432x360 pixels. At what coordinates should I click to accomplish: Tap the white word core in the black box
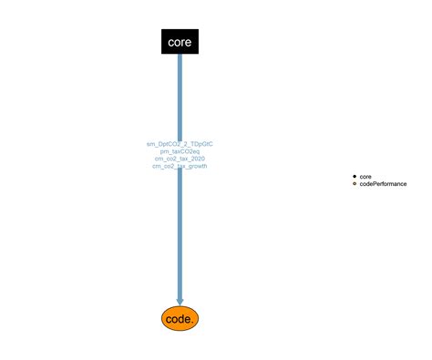pyautogui.click(x=180, y=42)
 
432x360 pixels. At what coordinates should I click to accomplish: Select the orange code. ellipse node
pyautogui.click(x=180, y=318)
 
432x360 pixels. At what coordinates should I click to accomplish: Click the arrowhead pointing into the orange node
pyautogui.click(x=180, y=300)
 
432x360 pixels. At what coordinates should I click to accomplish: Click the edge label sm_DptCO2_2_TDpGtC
pyautogui.click(x=180, y=144)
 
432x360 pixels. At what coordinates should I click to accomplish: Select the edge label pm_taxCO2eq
pyautogui.click(x=180, y=151)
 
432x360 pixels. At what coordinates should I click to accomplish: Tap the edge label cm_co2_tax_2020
pyautogui.click(x=180, y=159)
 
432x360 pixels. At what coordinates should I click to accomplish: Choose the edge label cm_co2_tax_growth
pyautogui.click(x=180, y=167)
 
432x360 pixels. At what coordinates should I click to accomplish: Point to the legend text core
pyautogui.click(x=365, y=176)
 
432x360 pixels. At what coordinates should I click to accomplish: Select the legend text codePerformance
pyautogui.click(x=383, y=184)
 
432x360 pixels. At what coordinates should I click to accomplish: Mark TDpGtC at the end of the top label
pyautogui.click(x=201, y=144)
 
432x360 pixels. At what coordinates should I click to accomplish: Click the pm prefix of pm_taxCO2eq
pyautogui.click(x=164, y=151)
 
